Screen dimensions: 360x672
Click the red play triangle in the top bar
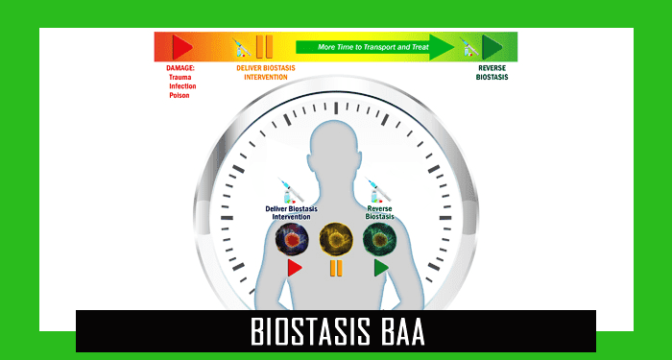[x=180, y=47]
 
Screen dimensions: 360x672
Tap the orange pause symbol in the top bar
[x=264, y=47]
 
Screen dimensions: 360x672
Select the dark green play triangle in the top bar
[x=492, y=47]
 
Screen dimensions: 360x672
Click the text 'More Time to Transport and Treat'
[x=361, y=46]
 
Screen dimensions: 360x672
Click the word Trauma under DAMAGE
[x=181, y=77]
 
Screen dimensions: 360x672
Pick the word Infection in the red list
[x=183, y=86]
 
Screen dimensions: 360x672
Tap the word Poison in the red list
[x=180, y=95]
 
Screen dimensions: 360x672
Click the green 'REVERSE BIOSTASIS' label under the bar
[x=492, y=73]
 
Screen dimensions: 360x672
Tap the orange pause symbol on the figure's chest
[x=336, y=268]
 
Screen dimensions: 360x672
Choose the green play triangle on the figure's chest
[x=381, y=268]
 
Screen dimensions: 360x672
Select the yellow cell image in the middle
[x=336, y=238]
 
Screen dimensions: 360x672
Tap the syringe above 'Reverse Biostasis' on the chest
[x=377, y=189]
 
